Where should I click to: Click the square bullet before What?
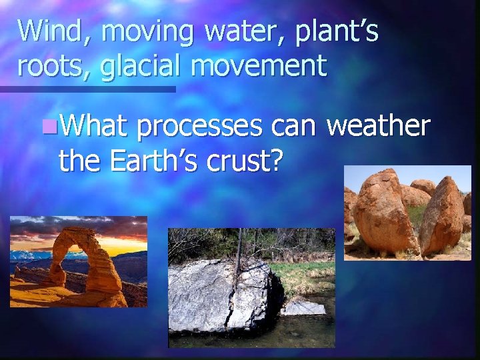click(46, 126)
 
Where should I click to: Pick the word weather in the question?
click(378, 125)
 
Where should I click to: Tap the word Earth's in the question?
click(153, 159)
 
